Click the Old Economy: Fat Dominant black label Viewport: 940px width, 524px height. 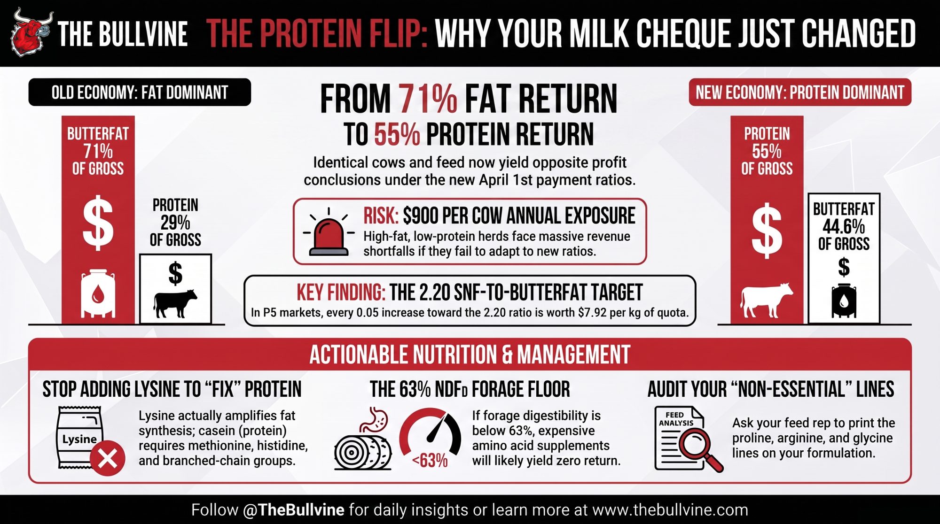[140, 92]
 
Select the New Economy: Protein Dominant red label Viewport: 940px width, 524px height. [800, 92]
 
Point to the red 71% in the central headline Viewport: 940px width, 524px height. [428, 99]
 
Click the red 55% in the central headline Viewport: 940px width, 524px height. [397, 134]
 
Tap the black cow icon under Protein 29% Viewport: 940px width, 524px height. [175, 303]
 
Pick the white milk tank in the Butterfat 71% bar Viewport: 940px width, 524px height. [98, 294]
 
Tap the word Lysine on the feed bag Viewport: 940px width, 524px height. [79, 439]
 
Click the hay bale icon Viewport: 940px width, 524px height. [363, 453]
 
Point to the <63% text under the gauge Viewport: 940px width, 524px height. [430, 461]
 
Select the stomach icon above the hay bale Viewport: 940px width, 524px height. [374, 420]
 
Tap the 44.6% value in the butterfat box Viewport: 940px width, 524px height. [844, 227]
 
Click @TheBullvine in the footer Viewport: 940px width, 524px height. [294, 509]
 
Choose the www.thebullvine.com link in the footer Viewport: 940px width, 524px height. [670, 509]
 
